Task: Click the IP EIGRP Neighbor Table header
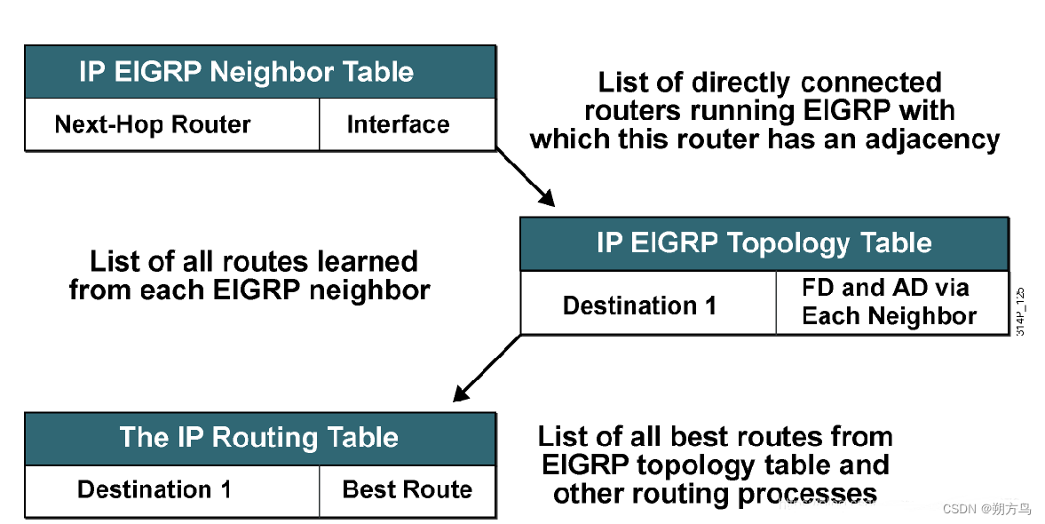pos(259,72)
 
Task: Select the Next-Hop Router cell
pos(153,124)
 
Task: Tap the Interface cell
pos(398,124)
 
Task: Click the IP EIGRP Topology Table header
pos(764,243)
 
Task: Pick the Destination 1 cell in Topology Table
pos(639,306)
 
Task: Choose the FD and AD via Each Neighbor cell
pos(889,302)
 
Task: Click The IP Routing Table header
pos(259,438)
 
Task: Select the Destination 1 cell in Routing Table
pos(154,489)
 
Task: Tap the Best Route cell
pos(407,489)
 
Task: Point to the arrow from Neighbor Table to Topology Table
pos(526,179)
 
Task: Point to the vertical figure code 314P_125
pos(1021,311)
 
